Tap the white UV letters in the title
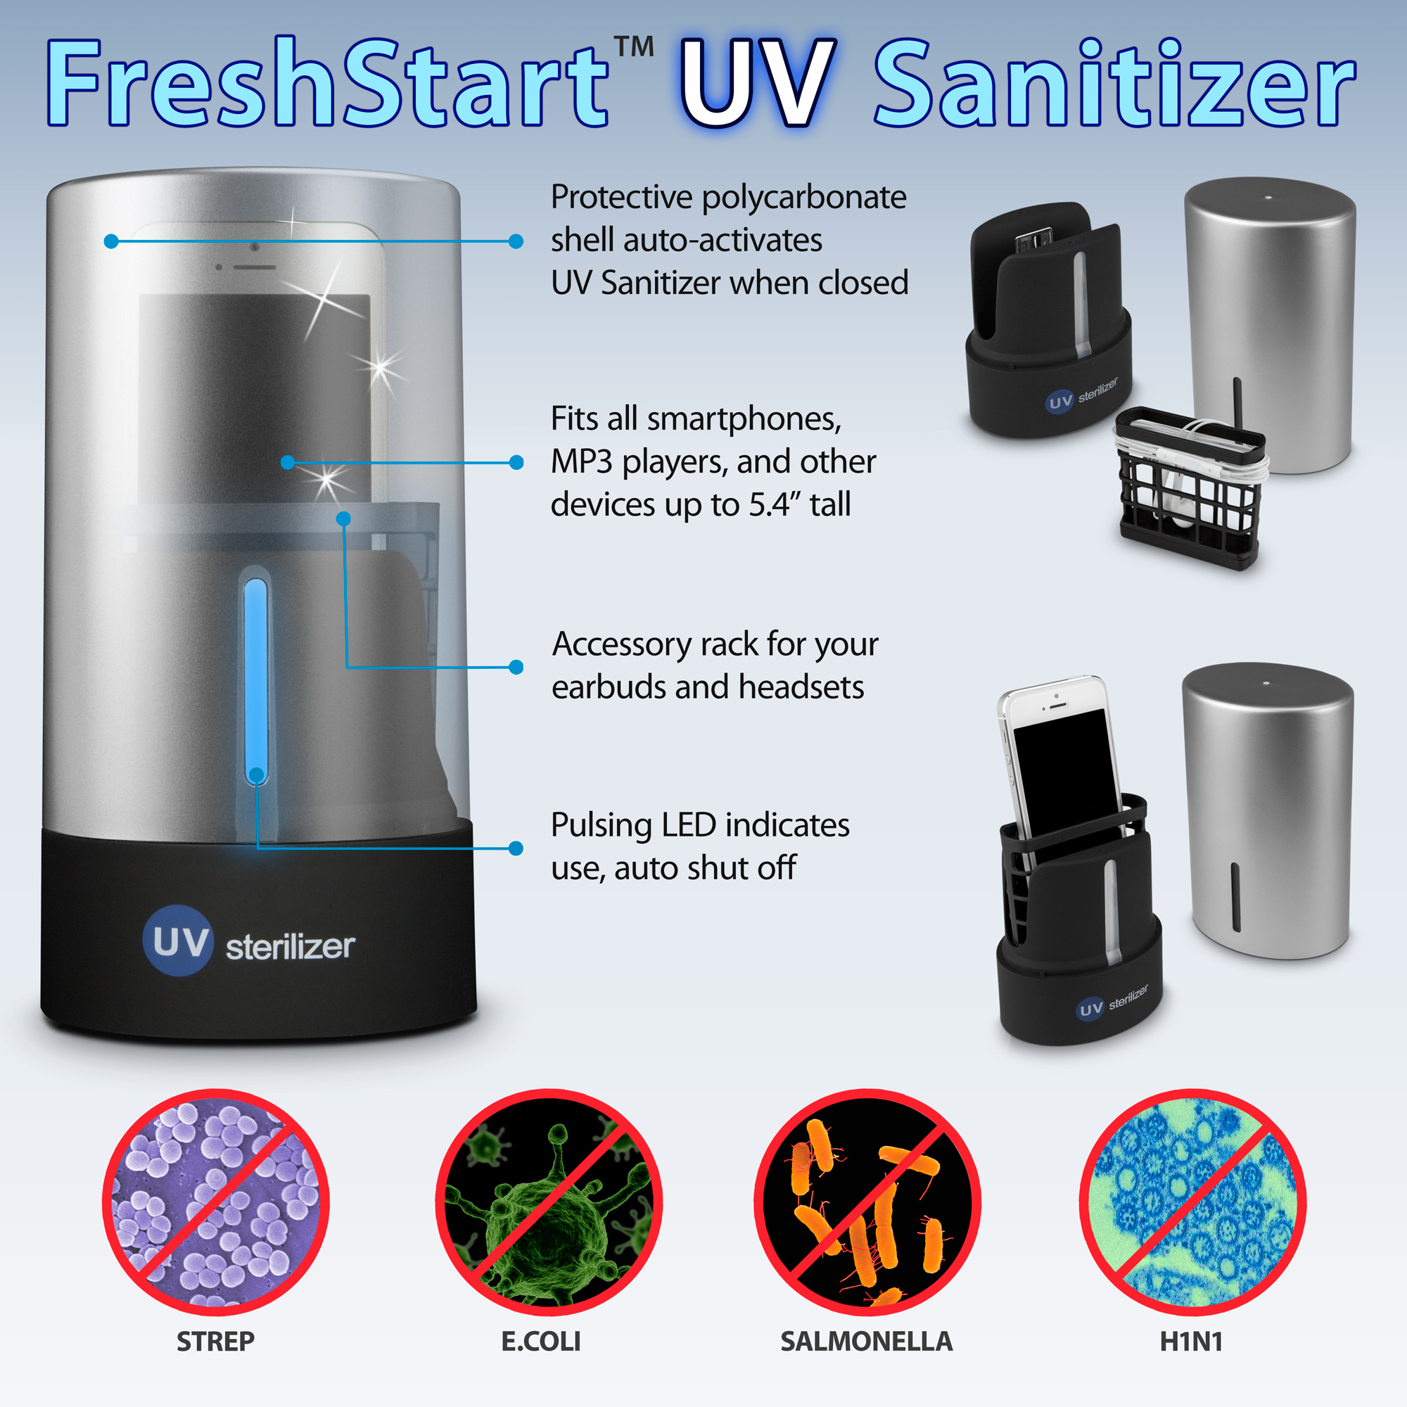[758, 84]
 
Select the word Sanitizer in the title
[1114, 84]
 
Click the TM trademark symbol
[634, 46]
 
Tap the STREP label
[215, 1342]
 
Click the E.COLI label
[541, 1342]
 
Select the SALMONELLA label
[867, 1342]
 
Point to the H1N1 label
[1192, 1342]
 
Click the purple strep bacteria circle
[215, 1202]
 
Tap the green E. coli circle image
[549, 1202]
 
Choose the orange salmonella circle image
[867, 1202]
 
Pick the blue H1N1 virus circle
[1193, 1202]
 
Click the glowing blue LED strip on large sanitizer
[255, 682]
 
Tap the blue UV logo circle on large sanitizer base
[179, 941]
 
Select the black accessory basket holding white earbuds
[1191, 488]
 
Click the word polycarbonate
[804, 198]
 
